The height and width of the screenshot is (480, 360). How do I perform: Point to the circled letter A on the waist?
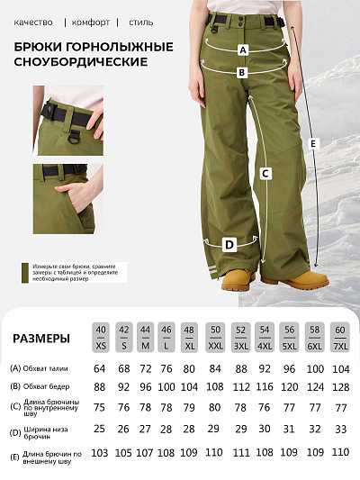(242, 50)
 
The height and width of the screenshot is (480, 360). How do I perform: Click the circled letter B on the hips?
(242, 72)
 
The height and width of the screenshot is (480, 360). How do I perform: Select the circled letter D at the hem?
(229, 244)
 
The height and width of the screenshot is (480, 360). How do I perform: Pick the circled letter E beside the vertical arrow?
(312, 143)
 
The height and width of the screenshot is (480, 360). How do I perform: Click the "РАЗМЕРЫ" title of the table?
(41, 339)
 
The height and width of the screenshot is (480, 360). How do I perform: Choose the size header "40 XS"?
(101, 337)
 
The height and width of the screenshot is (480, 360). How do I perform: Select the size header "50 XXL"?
(214, 337)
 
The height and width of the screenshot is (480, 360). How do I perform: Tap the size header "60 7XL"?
(338, 337)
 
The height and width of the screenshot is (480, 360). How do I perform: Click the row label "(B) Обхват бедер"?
(40, 386)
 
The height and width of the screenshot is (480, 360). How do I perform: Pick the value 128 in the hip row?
(338, 386)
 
